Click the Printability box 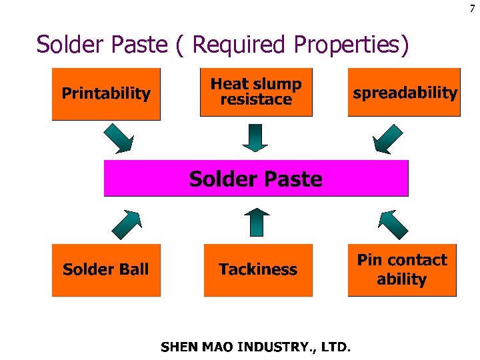(x=106, y=93)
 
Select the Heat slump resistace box (x=256, y=92)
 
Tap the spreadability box (x=404, y=92)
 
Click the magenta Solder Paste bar (x=256, y=179)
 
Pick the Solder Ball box (x=106, y=269)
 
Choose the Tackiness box (x=258, y=269)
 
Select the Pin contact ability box (x=402, y=269)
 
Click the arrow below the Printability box (x=119, y=138)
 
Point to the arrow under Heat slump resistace (x=255, y=138)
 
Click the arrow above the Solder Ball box (x=126, y=224)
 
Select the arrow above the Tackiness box (x=256, y=222)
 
